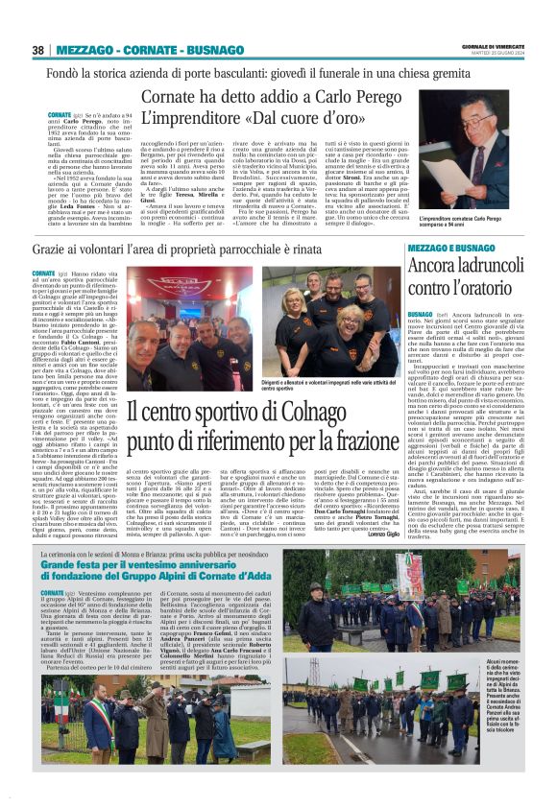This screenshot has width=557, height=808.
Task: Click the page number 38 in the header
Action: click(37, 50)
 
